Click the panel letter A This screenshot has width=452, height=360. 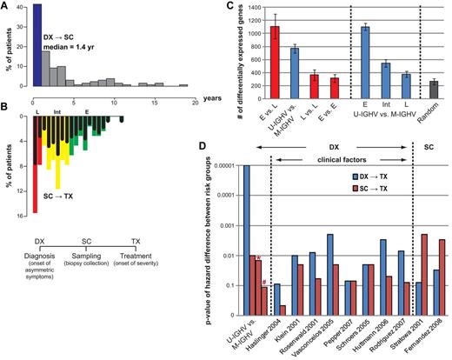tap(7, 6)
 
